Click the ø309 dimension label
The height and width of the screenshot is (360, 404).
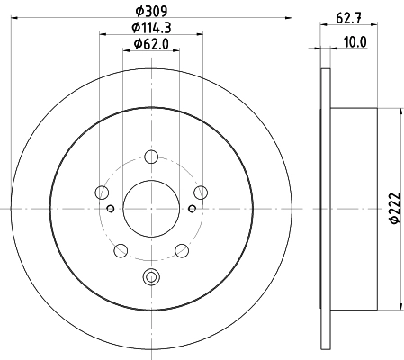point(151,11)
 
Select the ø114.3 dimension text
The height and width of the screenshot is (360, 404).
point(151,28)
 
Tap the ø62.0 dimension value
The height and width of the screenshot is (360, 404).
point(151,44)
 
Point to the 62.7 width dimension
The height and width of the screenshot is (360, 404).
point(348,18)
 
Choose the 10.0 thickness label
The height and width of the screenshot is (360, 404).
point(355,42)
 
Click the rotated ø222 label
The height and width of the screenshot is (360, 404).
point(395,208)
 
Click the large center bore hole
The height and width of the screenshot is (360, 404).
point(151,209)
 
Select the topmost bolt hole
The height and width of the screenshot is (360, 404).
point(151,157)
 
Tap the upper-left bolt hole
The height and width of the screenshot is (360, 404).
point(102,193)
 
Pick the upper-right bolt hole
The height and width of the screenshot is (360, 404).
point(201,193)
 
